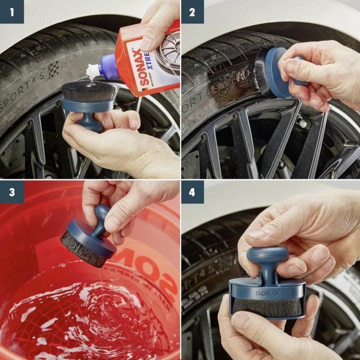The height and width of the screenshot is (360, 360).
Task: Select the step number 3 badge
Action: tap(12, 192)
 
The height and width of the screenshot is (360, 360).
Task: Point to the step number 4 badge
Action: tap(193, 192)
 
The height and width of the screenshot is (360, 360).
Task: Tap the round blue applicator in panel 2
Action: tap(277, 72)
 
